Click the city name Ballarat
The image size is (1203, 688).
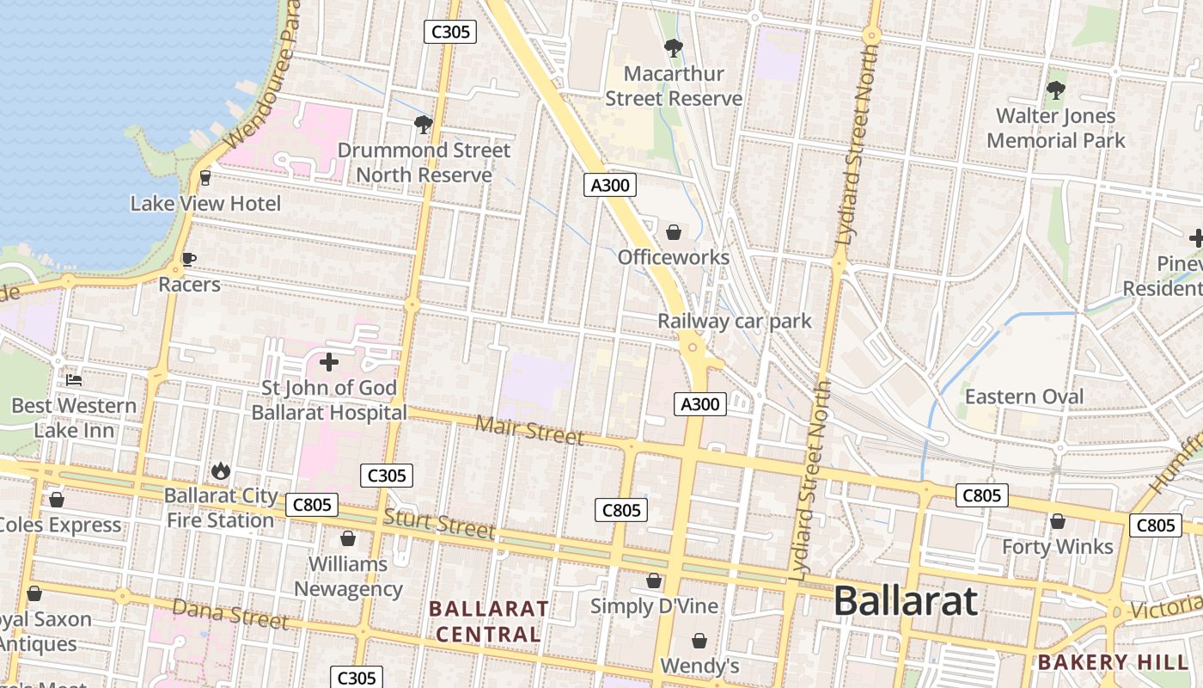pos(905,600)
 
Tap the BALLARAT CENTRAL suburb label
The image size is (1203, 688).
pos(489,621)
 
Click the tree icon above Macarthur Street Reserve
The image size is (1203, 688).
pos(674,48)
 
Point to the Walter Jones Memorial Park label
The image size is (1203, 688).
pos(1055,127)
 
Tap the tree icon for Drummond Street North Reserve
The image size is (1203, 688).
pos(423,125)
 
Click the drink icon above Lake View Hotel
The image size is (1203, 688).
pos(205,178)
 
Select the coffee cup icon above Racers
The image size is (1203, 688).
pos(189,259)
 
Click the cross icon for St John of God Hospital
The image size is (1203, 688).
pos(328,362)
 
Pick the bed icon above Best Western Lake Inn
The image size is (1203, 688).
pos(74,379)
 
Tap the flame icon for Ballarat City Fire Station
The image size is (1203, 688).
pos(220,470)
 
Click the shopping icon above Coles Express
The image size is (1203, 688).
pos(57,500)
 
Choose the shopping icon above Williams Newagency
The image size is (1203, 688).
pos(348,538)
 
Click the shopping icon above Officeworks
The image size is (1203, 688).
pos(674,232)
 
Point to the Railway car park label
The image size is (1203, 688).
pos(734,321)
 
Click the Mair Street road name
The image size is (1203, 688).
pos(529,430)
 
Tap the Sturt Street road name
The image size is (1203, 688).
pos(439,523)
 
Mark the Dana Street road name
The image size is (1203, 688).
pos(230,613)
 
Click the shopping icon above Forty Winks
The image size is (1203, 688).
pos(1057,521)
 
